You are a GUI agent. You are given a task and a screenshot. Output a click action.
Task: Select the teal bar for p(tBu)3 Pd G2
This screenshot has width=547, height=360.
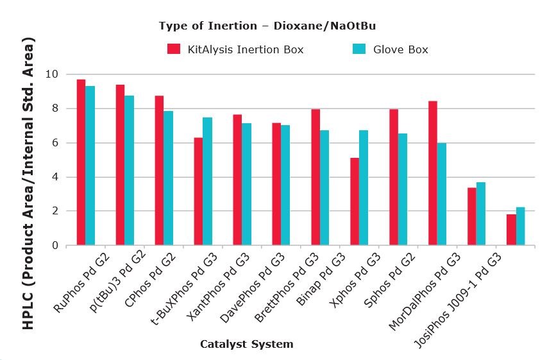(x=130, y=170)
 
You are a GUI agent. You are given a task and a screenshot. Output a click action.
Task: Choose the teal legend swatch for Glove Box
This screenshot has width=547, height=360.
(x=359, y=49)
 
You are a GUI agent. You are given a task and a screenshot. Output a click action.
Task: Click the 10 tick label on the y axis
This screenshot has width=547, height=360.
(x=52, y=74)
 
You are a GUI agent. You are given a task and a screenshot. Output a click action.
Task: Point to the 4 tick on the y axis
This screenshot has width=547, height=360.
(x=55, y=177)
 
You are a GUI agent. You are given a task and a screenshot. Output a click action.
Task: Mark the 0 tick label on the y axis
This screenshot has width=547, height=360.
(x=55, y=245)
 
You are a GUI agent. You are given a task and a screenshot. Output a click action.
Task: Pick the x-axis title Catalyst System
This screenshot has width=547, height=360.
(x=246, y=344)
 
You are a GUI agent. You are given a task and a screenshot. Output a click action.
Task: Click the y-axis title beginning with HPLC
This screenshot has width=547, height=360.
(x=28, y=183)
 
